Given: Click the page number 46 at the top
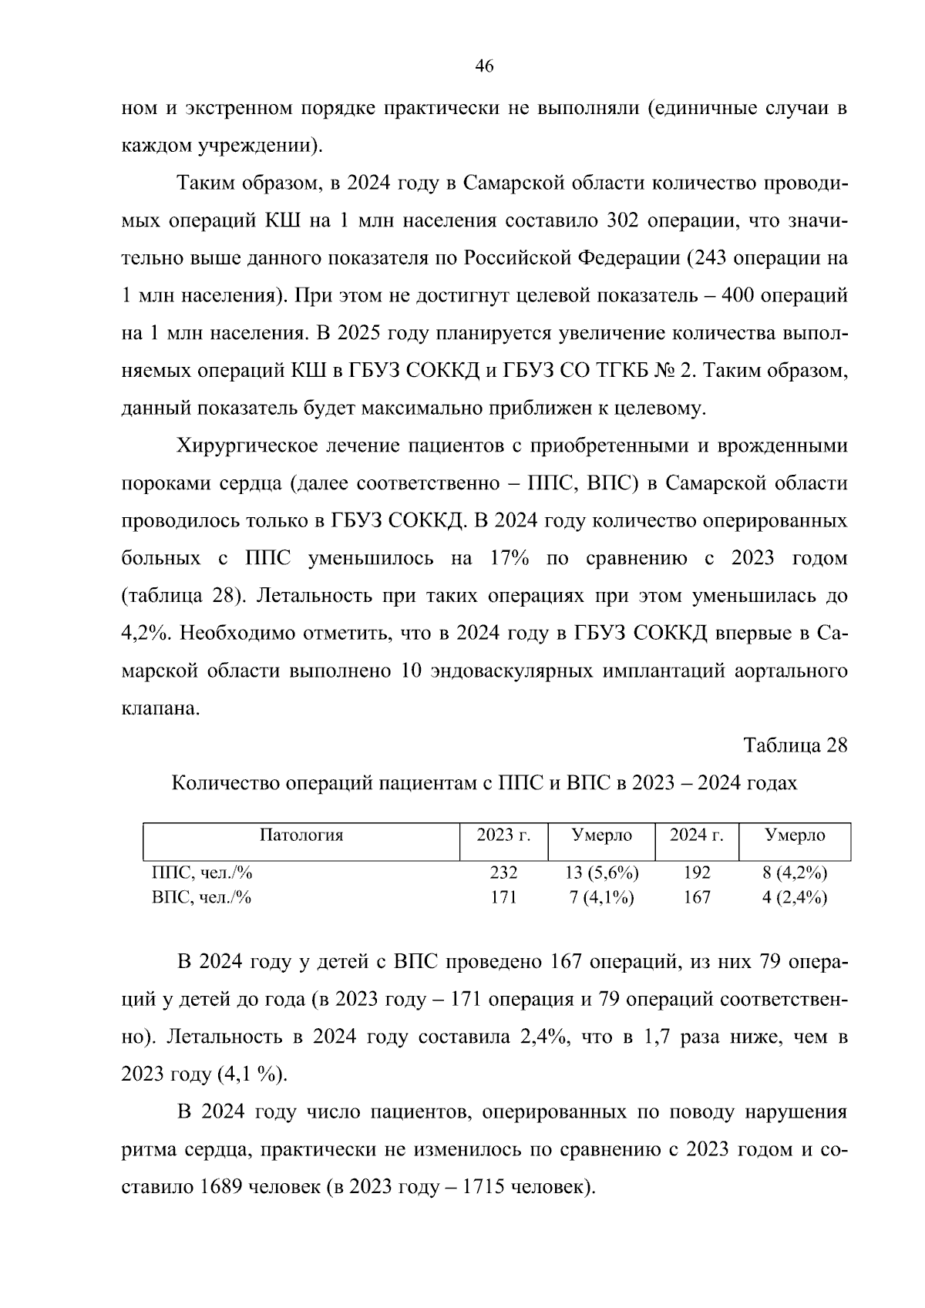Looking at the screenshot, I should (483, 66).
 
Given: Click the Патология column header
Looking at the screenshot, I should (301, 835).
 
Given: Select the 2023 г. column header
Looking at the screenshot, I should (503, 835).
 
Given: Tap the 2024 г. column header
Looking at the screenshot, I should (696, 835).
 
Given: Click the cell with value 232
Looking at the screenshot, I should (503, 873).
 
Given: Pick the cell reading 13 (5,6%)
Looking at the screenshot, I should (601, 873).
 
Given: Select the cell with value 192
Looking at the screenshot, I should (696, 873).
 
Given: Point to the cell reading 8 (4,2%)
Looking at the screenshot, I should (794, 873).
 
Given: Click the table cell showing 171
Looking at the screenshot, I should (503, 897).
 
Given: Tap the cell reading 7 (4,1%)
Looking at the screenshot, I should (601, 897).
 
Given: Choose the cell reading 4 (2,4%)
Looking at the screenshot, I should (794, 897).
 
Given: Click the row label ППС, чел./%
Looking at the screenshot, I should (202, 873).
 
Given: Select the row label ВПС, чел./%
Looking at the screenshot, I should (202, 897).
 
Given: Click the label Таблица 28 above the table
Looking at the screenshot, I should (795, 745).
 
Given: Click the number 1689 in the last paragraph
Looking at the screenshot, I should (221, 1186).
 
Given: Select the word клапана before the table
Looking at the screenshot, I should (160, 708).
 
